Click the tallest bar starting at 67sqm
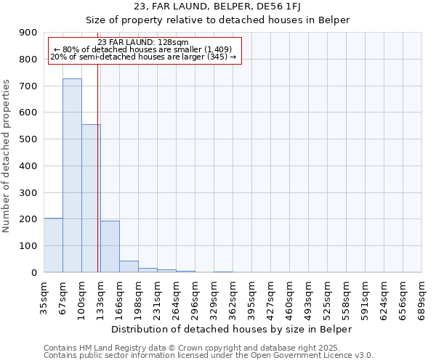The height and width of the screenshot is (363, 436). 72,175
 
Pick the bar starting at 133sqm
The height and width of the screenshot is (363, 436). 110,246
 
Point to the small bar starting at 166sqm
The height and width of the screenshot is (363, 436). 129,266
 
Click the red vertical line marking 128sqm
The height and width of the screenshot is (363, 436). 97,181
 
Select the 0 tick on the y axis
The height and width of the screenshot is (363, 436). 34,272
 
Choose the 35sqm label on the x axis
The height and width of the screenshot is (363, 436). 44,294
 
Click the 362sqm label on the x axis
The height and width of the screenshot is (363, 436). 233,294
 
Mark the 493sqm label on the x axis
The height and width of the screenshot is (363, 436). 309,294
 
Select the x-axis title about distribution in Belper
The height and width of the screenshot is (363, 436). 233,329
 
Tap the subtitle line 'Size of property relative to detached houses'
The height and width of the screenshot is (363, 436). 218,20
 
